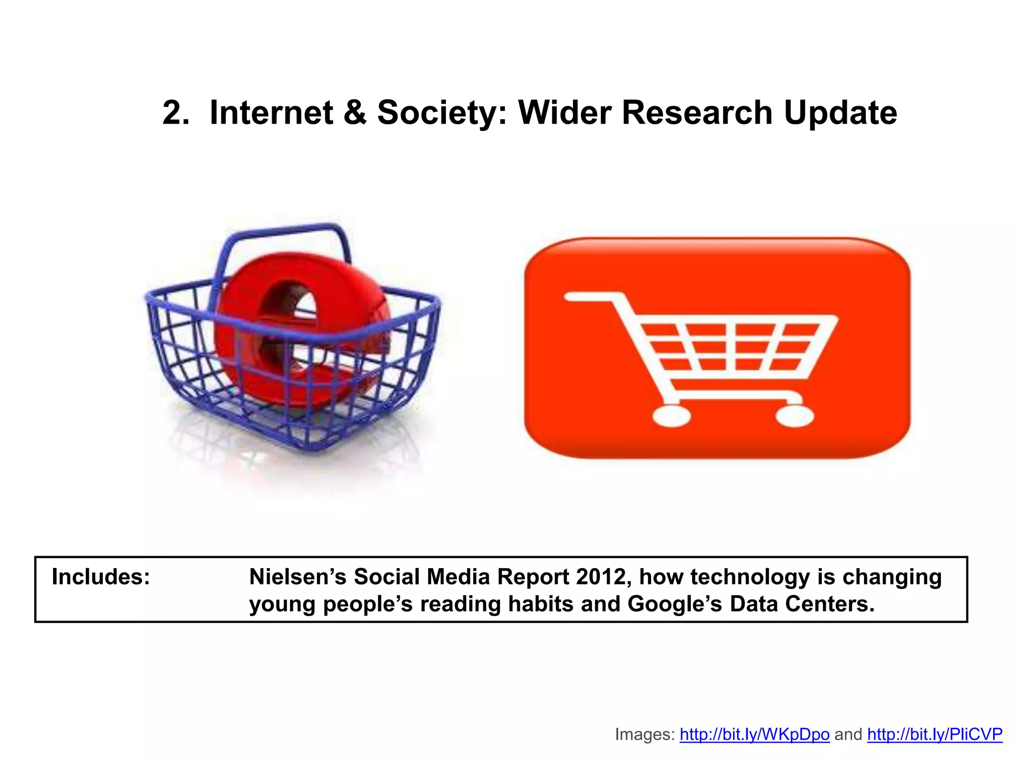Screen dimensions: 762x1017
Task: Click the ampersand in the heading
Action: pyautogui.click(x=355, y=113)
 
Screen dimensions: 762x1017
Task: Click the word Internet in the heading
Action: pyautogui.click(x=272, y=113)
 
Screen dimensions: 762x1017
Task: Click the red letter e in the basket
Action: pyautogui.click(x=298, y=327)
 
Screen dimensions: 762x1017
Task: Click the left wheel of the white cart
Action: pyautogui.click(x=671, y=416)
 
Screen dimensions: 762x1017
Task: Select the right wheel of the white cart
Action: pyautogui.click(x=795, y=416)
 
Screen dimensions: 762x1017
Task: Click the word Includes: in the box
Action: pyautogui.click(x=101, y=577)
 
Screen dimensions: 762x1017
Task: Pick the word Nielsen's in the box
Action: pyautogui.click(x=297, y=577)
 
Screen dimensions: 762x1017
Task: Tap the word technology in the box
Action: pyautogui.click(x=750, y=577)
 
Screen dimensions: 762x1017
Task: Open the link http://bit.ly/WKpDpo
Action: pyautogui.click(x=754, y=734)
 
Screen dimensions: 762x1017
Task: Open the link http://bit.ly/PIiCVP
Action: pyautogui.click(x=935, y=734)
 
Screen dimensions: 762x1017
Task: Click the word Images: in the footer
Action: pyautogui.click(x=644, y=734)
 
